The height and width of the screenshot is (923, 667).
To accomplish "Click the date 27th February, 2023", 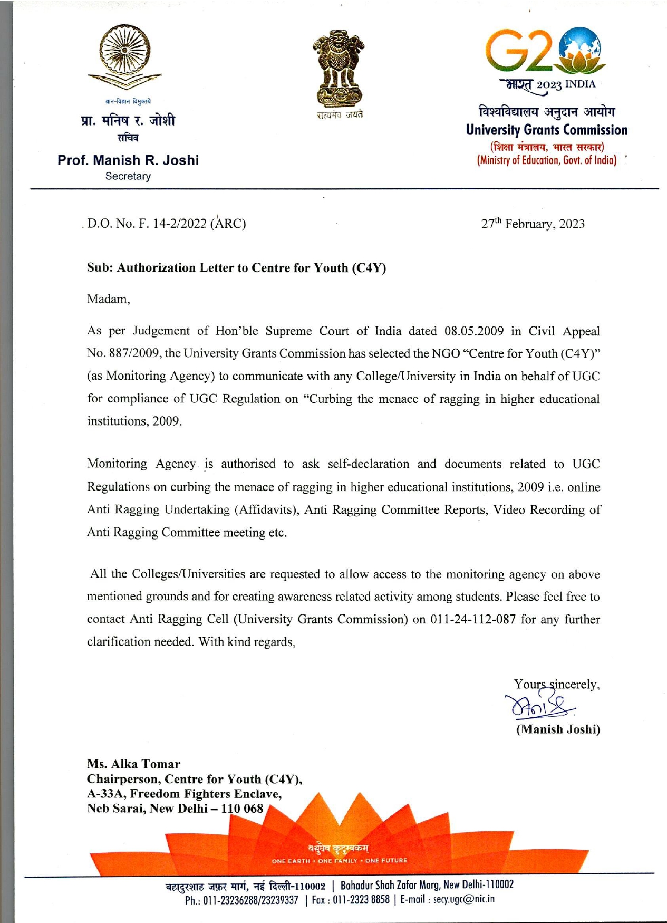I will [x=533, y=224].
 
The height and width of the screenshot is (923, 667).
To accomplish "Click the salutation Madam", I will [x=108, y=299].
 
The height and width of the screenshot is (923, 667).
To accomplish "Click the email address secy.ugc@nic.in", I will [x=464, y=899].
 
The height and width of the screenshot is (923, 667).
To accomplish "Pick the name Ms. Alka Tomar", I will [x=133, y=764].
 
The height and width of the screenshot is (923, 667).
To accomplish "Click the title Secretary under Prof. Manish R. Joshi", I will [x=128, y=176].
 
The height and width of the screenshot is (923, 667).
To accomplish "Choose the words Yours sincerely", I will [x=557, y=685].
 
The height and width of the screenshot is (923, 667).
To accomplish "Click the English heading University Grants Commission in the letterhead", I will [x=547, y=130].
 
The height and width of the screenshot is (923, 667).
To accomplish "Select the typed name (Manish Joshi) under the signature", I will [x=558, y=729].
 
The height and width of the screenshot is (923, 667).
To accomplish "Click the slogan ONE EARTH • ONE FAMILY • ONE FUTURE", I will [x=340, y=861].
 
